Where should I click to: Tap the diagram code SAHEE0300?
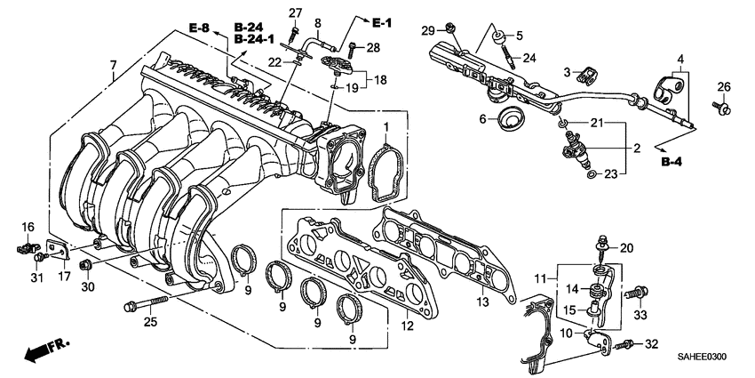tap(701, 356)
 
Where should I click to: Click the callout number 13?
tap(483, 303)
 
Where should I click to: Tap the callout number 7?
tap(113, 65)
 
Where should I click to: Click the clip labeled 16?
tap(27, 246)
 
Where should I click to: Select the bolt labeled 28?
tap(354, 45)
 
